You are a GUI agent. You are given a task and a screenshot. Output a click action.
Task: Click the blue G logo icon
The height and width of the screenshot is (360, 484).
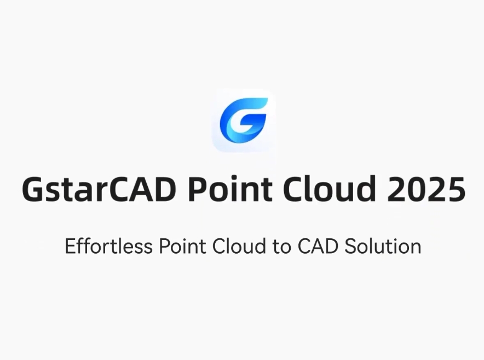click(x=243, y=119)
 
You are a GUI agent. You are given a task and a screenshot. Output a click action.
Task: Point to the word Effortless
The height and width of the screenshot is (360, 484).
click(x=108, y=247)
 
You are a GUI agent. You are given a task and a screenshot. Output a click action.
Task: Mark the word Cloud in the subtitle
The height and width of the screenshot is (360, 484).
click(x=237, y=247)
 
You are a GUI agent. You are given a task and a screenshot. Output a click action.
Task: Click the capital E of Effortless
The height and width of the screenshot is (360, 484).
click(x=70, y=247)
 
